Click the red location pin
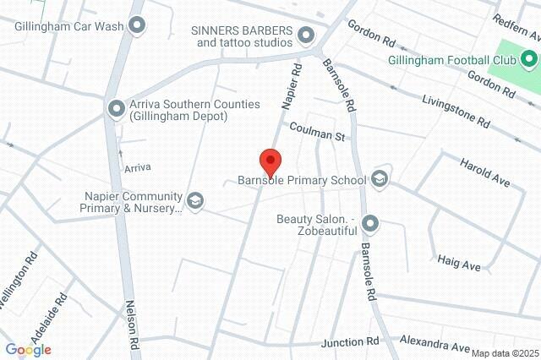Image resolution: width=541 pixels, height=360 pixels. [x=270, y=160]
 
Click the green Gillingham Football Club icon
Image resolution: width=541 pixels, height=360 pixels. [x=529, y=59]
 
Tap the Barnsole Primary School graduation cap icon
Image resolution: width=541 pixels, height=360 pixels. [x=380, y=179]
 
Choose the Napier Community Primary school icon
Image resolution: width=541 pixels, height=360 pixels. [x=195, y=200]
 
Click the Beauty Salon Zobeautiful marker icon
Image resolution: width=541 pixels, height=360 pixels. [x=369, y=224]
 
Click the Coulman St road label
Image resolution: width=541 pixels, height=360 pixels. [x=318, y=135]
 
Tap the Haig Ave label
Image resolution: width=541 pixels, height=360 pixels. [x=459, y=265]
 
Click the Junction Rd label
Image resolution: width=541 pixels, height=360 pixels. [x=350, y=342]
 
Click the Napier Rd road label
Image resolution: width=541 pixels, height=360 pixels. [x=291, y=85]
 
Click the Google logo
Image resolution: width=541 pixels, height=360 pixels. [x=28, y=350]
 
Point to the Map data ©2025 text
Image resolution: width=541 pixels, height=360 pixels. [x=504, y=353]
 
